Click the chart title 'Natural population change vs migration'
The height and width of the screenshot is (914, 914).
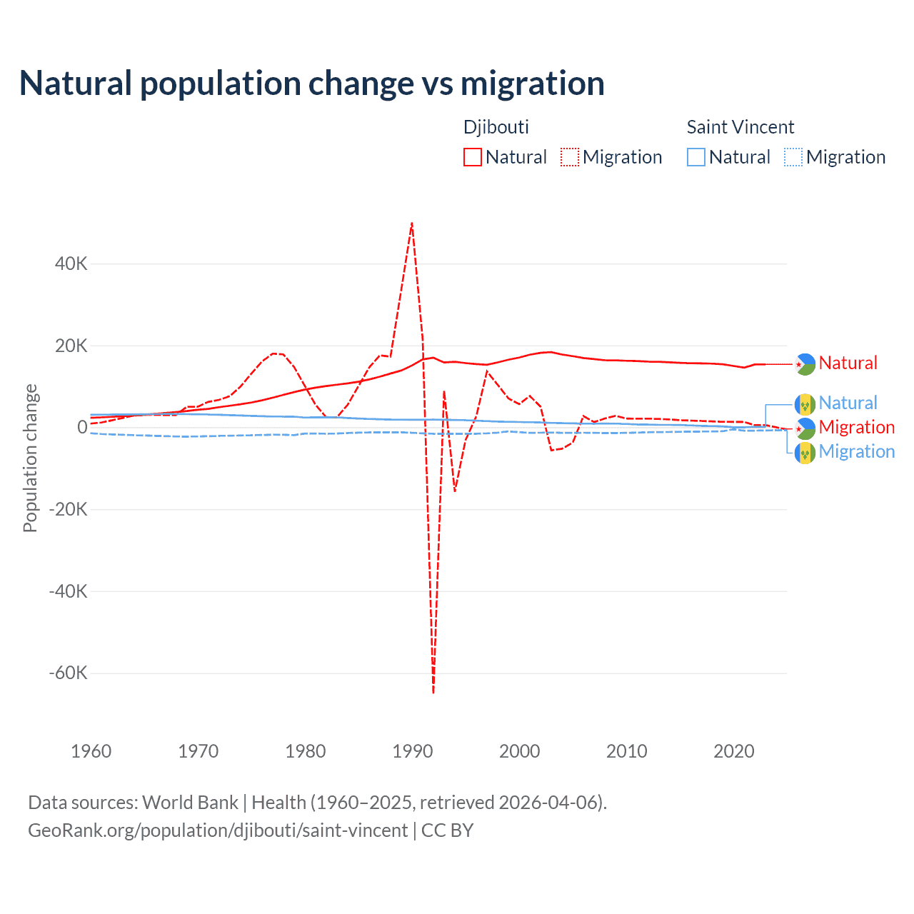[312, 84]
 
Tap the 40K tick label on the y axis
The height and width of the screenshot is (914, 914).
[71, 263]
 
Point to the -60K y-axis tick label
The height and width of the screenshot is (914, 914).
[69, 673]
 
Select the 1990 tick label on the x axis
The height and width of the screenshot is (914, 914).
[413, 751]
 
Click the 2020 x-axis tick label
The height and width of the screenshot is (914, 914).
[734, 751]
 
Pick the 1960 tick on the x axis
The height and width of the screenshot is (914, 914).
[91, 751]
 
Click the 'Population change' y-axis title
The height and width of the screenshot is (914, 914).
[30, 458]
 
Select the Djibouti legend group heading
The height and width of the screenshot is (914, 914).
[496, 127]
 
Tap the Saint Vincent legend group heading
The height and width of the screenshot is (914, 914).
[740, 127]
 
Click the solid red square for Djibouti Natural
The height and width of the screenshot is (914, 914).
[473, 157]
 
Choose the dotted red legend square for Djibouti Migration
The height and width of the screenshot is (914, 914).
[570, 157]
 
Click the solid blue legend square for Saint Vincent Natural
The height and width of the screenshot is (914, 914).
[696, 157]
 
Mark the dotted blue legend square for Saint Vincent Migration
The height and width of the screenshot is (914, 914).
[793, 157]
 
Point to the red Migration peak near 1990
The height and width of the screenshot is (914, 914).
[412, 224]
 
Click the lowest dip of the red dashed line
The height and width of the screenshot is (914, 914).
[433, 691]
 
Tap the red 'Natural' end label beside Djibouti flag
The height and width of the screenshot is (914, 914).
[848, 363]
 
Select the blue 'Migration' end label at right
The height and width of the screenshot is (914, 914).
[856, 451]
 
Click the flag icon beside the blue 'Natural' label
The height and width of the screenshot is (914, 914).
[805, 404]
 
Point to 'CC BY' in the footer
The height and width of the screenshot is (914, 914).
[448, 830]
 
